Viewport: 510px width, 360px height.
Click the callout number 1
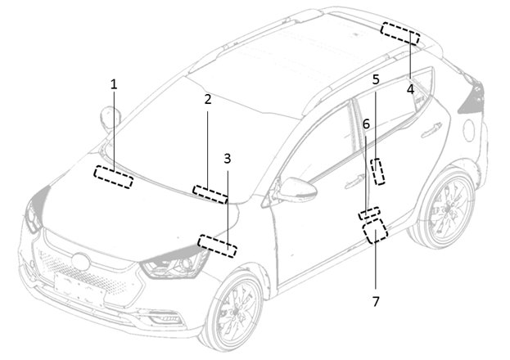tap(114, 83)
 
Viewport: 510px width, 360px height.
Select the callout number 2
tap(208, 99)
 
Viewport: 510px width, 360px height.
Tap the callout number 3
tap(228, 157)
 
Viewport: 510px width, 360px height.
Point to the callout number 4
tap(410, 88)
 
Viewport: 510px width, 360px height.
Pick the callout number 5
tap(376, 79)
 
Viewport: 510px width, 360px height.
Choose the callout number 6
tap(366, 124)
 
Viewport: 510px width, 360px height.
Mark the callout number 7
tap(376, 301)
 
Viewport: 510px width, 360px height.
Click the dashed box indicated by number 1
tap(113, 177)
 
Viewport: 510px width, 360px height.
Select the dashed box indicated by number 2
tap(210, 194)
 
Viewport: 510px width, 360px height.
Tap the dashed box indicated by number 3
tap(217, 245)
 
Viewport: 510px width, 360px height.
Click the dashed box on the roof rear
tap(400, 34)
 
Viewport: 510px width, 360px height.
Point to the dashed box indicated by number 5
tap(378, 172)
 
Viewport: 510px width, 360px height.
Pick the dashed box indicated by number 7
tap(375, 232)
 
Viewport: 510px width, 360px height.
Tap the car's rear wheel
tap(445, 209)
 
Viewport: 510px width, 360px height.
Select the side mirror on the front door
tap(296, 190)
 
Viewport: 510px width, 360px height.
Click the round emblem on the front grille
tap(80, 263)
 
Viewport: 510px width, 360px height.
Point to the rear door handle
tap(432, 128)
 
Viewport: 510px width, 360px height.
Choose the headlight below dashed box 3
tap(175, 264)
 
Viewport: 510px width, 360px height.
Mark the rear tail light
tap(473, 98)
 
